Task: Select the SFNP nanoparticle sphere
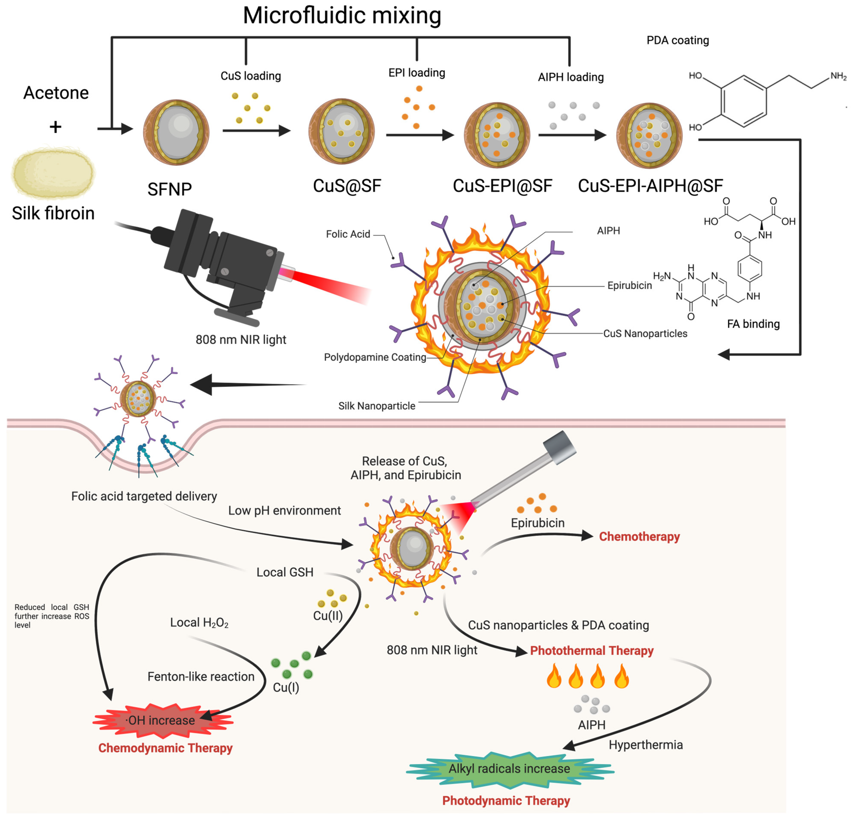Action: click(x=176, y=132)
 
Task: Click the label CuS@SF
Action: click(x=347, y=186)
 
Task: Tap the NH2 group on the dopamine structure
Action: click(x=838, y=76)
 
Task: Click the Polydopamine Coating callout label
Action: click(x=375, y=357)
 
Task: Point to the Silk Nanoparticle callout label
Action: click(x=376, y=406)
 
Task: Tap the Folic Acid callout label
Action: click(x=348, y=234)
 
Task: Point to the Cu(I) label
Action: click(x=286, y=687)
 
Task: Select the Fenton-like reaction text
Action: click(x=201, y=676)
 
